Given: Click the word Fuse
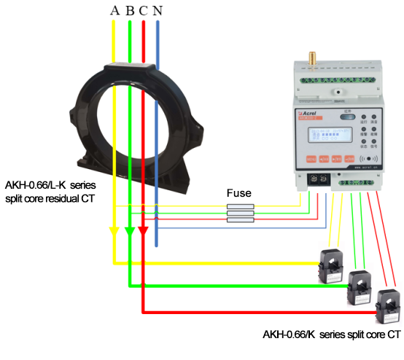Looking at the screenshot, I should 239,193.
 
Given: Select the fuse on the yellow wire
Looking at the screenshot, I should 240,207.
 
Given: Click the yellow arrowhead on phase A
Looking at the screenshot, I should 114,231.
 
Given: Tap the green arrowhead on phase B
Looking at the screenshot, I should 129,231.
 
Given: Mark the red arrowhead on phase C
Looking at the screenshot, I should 143,231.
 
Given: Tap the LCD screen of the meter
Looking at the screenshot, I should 326,136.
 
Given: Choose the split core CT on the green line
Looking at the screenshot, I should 359,284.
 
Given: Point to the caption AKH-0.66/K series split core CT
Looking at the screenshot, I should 332,334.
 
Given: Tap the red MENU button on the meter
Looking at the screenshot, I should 311,157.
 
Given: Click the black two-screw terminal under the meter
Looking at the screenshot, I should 318,177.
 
